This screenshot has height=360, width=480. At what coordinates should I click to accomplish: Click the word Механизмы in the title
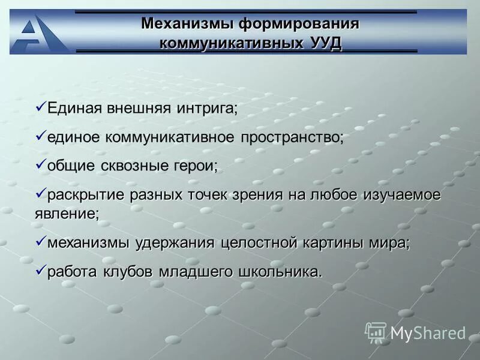187,23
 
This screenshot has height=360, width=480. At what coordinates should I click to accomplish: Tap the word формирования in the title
299,23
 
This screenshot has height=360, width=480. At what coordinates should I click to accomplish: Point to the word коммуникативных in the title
230,43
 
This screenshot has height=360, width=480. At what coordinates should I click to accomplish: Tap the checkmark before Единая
40,107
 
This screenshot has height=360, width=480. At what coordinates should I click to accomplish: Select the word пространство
292,137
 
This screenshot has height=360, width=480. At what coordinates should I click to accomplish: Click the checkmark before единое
40,136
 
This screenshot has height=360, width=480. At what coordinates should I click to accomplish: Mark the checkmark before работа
40,270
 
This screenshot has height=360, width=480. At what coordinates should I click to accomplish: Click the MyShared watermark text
428,333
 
